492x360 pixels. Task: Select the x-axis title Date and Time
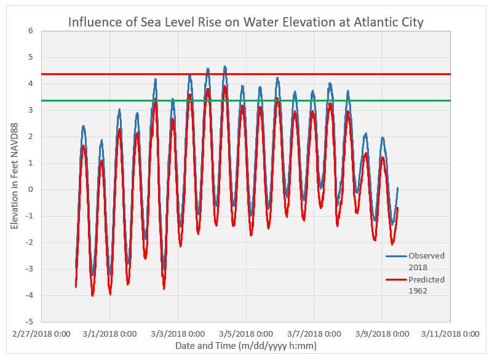(x=245, y=346)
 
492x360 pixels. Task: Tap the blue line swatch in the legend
(x=397, y=255)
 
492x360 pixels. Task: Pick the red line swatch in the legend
(x=397, y=279)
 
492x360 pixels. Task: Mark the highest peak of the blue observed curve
(x=225, y=66)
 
